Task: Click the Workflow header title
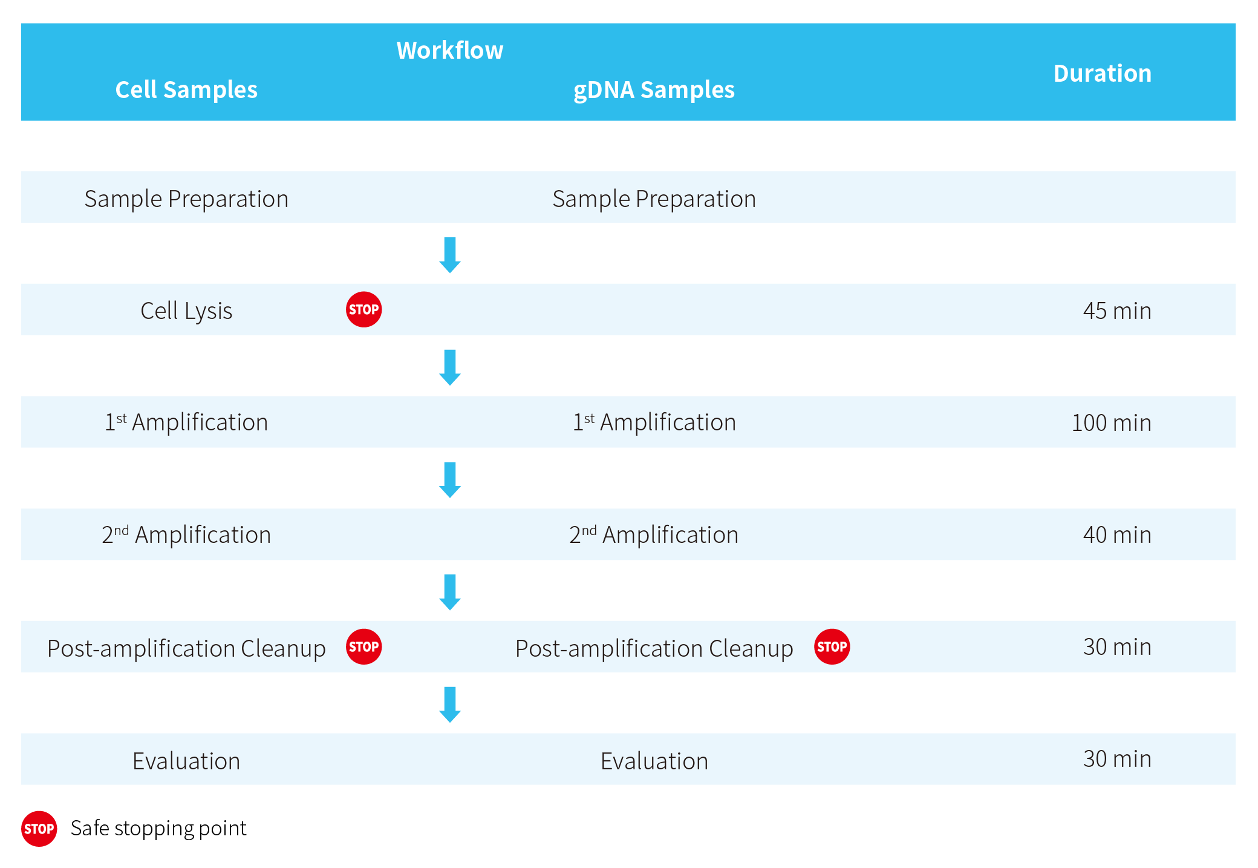click(x=449, y=50)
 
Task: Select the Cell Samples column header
click(x=186, y=90)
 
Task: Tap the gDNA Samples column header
click(x=654, y=90)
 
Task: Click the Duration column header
click(x=1102, y=73)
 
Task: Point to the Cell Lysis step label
click(x=186, y=311)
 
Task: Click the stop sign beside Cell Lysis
click(x=363, y=309)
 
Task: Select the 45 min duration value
click(x=1116, y=311)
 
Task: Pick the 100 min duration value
click(x=1111, y=422)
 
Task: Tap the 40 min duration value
click(x=1116, y=534)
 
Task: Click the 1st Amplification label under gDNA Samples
click(x=654, y=422)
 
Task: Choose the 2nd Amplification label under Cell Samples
click(x=186, y=534)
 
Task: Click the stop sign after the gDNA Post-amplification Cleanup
click(x=832, y=646)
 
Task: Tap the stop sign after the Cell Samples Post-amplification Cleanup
click(x=363, y=646)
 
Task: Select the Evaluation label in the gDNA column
click(x=654, y=761)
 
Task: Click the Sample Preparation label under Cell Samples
click(x=186, y=199)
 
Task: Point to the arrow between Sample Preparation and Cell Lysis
click(x=449, y=255)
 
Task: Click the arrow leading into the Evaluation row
click(x=449, y=704)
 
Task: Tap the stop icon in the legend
click(x=39, y=829)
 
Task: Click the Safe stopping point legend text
click(x=158, y=828)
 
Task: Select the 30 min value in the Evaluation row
click(x=1116, y=758)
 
